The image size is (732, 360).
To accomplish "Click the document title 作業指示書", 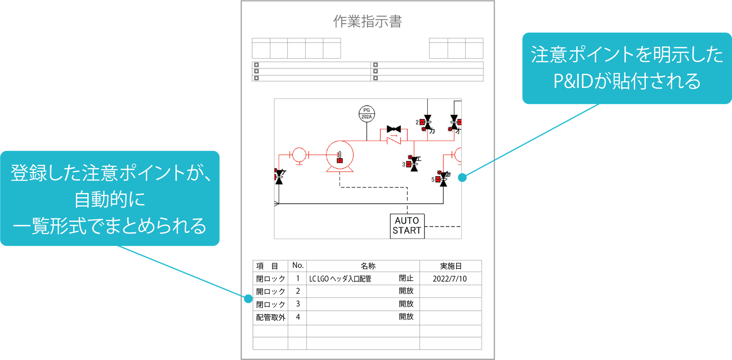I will tap(367, 21).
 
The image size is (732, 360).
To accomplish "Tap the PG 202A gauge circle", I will tap(367, 114).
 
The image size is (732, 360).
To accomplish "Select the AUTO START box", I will tap(407, 226).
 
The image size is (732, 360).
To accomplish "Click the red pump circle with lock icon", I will tap(340, 155).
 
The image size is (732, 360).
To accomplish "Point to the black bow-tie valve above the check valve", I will tap(394, 129).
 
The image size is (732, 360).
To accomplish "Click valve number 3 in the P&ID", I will tap(414, 164).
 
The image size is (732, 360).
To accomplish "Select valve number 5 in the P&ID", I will tap(443, 179).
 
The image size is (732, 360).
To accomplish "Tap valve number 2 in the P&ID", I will tap(427, 122).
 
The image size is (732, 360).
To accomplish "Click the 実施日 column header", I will tap(451, 266).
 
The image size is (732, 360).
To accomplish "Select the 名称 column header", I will tap(368, 266).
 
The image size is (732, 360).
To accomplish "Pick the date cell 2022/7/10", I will tap(450, 279).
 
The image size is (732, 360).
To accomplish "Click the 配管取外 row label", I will tap(271, 317).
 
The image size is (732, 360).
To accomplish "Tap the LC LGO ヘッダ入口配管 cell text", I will tap(340, 279).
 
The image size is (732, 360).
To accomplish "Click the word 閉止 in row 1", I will tap(406, 278).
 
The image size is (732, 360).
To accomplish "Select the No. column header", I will tap(298, 266).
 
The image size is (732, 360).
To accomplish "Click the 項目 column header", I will tap(267, 266).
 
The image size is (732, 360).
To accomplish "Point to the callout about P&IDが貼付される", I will tap(626, 68).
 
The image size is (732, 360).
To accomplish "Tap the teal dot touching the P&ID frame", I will tap(462, 178).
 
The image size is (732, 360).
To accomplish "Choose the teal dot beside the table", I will tap(248, 299).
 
